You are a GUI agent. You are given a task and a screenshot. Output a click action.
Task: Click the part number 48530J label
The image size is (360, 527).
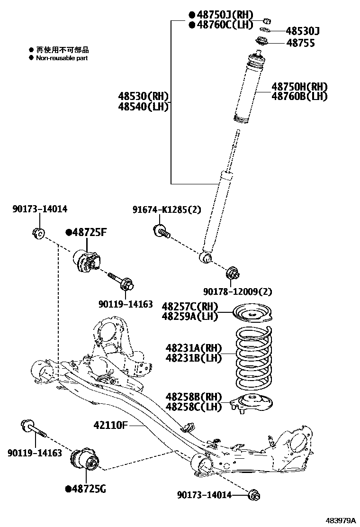pyautogui.click(x=303, y=31)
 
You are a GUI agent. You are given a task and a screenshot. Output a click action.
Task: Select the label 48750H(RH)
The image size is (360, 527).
pyautogui.click(x=299, y=87)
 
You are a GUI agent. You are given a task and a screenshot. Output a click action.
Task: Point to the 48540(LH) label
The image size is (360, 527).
pyautogui.click(x=144, y=107)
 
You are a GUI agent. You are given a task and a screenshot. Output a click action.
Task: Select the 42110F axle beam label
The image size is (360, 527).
pyautogui.click(x=108, y=425)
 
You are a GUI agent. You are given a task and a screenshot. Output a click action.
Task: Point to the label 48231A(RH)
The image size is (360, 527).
pyautogui.click(x=194, y=349)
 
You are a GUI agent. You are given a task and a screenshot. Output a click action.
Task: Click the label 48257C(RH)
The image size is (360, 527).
pyautogui.click(x=194, y=306)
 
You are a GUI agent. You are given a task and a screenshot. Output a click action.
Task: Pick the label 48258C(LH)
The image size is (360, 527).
pyautogui.click(x=194, y=407)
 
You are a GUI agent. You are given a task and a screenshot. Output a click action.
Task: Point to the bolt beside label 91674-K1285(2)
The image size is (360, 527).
pyautogui.click(x=161, y=232)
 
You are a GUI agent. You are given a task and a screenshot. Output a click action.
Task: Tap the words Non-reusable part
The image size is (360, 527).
pyautogui.click(x=62, y=58)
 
